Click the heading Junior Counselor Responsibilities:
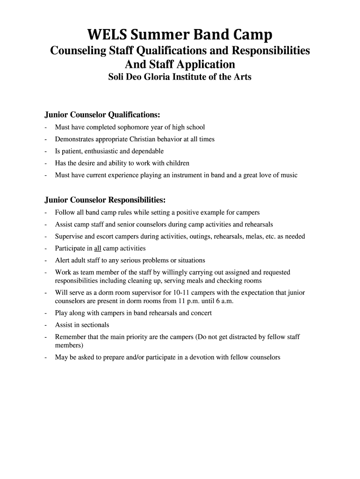105,200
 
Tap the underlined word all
98,248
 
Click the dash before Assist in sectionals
46,325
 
